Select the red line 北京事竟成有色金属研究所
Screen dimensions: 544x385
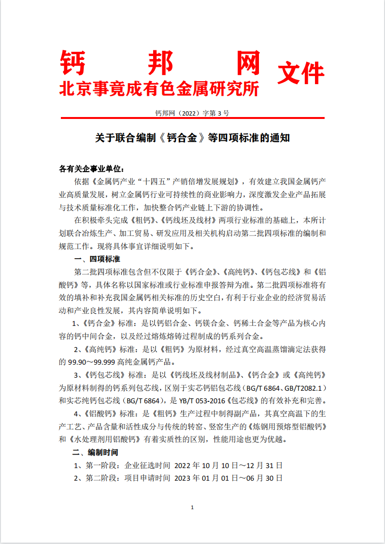tap(159, 88)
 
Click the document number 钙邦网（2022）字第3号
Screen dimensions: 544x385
tap(192, 113)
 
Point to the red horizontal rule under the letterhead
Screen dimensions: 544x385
tap(192, 118)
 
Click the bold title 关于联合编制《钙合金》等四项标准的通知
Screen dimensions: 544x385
tap(192, 138)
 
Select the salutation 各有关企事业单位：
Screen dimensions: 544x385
tap(91, 169)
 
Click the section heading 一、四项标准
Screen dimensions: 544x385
tap(97, 260)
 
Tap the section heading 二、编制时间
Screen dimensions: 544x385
tap(95, 453)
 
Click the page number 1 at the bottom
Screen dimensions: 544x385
tap(192, 507)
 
